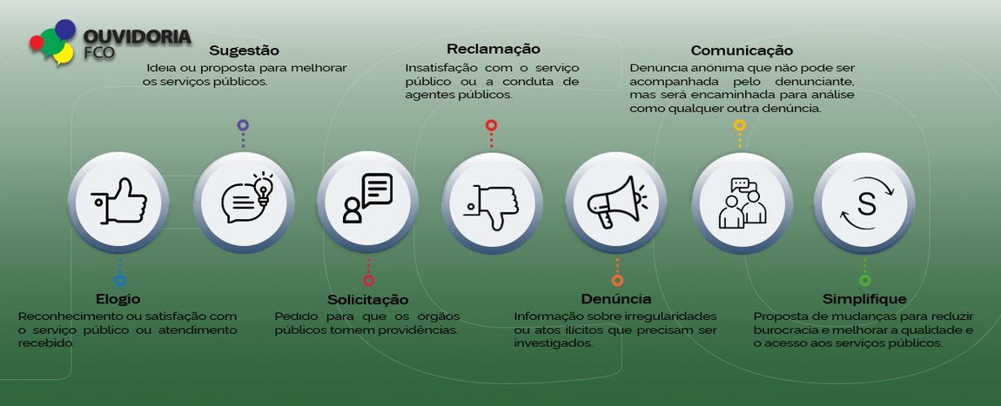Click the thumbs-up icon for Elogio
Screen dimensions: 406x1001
coord(119,202)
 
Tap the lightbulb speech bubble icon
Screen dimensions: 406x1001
coord(244,202)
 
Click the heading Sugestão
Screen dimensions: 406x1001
coord(244,50)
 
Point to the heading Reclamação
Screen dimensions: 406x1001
coord(493,49)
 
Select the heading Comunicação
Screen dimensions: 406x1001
coord(742,50)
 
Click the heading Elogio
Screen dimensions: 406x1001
coord(118,299)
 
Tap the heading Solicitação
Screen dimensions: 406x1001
coord(367,299)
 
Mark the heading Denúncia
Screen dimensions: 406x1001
coord(616,299)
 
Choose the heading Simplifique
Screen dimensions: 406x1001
coord(864,299)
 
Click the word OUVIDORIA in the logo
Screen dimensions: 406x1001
coord(137,37)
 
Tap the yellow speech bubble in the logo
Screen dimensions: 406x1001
coord(63,54)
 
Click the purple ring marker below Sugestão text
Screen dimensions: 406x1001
coord(243,125)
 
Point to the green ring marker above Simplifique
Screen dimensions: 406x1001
coord(864,280)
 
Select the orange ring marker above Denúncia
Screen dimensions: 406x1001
coord(617,280)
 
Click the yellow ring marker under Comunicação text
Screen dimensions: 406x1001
coord(740,125)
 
